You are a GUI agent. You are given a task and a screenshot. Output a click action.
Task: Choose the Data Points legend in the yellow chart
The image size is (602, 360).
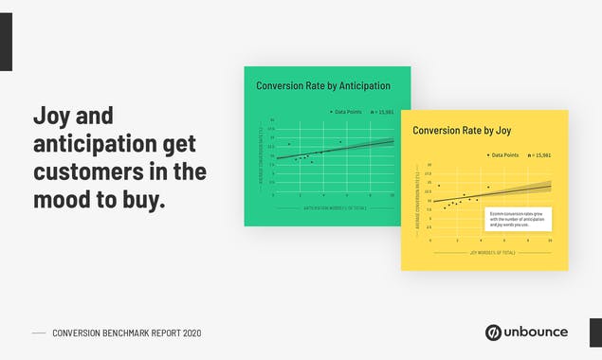point(502,154)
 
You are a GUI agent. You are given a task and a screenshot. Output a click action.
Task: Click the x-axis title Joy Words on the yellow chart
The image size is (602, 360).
point(493,253)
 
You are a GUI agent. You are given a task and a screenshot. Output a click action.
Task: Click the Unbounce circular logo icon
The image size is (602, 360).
point(493,332)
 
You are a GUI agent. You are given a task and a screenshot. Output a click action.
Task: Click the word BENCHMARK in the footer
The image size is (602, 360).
point(128,333)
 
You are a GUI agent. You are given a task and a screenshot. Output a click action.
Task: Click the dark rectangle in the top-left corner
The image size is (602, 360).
point(6,42)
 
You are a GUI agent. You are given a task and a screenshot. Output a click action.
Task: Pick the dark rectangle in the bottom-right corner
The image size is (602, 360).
point(595,332)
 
